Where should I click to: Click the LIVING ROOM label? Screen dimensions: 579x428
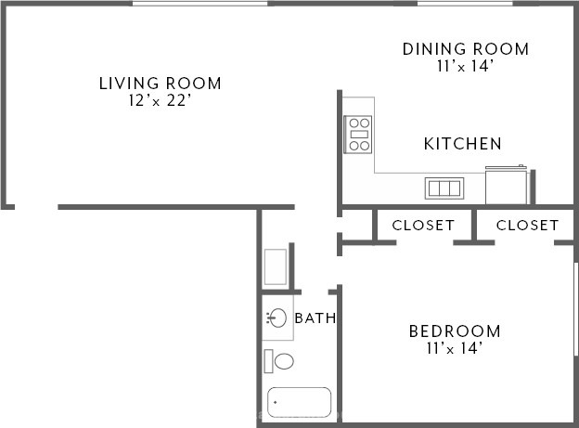161,84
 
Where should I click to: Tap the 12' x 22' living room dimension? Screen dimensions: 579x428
160,100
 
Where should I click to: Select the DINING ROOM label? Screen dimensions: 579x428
466,49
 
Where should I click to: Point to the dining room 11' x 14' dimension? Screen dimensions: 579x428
465,66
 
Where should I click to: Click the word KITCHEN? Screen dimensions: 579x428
463,144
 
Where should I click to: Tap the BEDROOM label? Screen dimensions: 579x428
455,331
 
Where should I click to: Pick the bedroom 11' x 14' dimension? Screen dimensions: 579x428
455,348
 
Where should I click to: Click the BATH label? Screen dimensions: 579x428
315,318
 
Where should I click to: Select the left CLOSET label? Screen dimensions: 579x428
423,225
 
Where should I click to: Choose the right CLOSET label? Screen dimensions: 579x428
527,225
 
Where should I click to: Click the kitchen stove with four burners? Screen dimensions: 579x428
358,135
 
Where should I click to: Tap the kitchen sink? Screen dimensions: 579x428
444,188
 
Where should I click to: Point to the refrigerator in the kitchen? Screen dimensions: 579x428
506,185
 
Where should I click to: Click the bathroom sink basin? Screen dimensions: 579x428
277,318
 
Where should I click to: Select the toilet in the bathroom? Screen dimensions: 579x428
278,361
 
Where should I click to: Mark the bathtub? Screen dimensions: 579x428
299,402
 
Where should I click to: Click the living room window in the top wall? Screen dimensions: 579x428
199,4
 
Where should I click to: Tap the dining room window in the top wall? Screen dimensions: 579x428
465,4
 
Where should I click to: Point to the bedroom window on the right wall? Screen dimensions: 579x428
575,309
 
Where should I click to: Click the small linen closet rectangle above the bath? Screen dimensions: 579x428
276,266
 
